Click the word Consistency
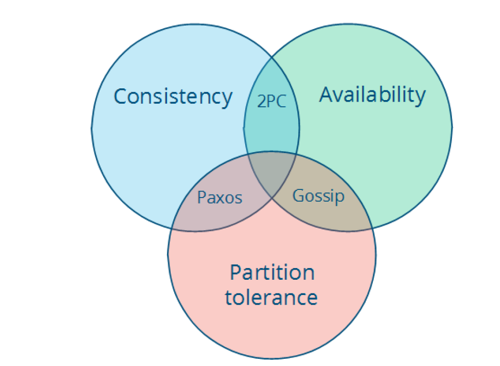coord(173,96)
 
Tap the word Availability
coord(372,95)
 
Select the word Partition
coord(272,273)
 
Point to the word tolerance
coord(272,297)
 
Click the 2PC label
coord(271,102)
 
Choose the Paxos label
coord(220,198)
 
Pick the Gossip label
coord(318,196)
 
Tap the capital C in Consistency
coord(120,96)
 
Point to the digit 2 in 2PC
coord(261,102)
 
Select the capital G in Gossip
coord(298,195)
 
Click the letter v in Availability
coord(339,96)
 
